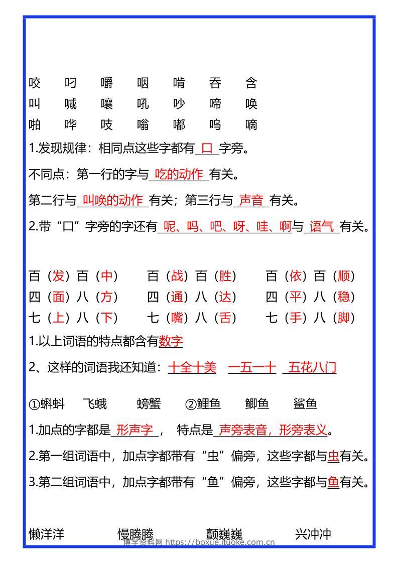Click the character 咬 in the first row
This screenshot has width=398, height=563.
click(x=35, y=82)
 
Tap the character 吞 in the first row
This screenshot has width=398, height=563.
click(x=215, y=82)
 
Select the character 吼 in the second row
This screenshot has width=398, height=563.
click(x=143, y=103)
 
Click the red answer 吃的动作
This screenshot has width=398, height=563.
click(x=179, y=174)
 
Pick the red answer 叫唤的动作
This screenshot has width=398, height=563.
click(x=112, y=200)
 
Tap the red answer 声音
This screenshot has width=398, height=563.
click(x=251, y=200)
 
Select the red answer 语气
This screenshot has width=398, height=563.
click(x=322, y=227)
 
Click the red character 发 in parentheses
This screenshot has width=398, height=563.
click(x=59, y=275)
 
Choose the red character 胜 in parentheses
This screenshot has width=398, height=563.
click(x=225, y=275)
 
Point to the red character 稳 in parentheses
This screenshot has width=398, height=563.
click(x=344, y=297)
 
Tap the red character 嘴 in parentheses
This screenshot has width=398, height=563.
click(x=177, y=318)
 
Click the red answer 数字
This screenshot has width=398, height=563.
click(x=171, y=341)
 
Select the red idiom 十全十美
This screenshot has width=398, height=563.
click(x=192, y=367)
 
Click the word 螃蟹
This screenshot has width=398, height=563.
click(x=149, y=403)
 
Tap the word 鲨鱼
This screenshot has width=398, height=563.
click(x=306, y=403)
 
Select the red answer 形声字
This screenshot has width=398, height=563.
click(x=134, y=430)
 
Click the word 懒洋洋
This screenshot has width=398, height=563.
click(x=47, y=534)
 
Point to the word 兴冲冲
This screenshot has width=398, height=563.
click(x=313, y=534)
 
